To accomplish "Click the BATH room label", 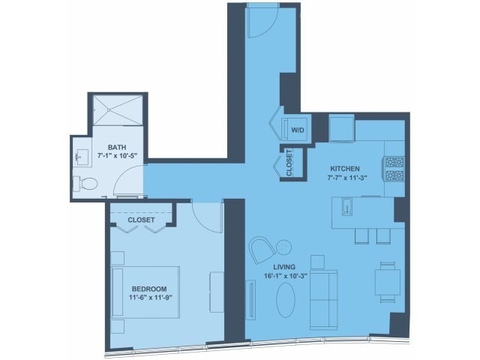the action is coord(117,147).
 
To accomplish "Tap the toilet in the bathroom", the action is coord(85,184).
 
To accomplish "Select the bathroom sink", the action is coord(82,157).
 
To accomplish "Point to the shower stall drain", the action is coord(108,110).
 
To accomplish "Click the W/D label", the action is coord(298,130).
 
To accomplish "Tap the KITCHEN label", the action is coord(345,169).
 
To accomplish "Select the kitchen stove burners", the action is coord(394,169).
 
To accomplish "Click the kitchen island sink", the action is coord(346,207).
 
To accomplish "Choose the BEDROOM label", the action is coord(149,289).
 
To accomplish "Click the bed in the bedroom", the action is coord(145,292).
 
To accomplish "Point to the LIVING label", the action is coord(284,267).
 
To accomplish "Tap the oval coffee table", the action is coord(286,300).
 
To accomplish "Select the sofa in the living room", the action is coord(323,300).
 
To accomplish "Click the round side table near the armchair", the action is coord(283,247).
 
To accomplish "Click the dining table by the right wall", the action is coord(388,282).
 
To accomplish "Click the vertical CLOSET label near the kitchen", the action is coord(289,163).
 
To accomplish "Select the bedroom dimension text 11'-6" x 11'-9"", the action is coord(148,297).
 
